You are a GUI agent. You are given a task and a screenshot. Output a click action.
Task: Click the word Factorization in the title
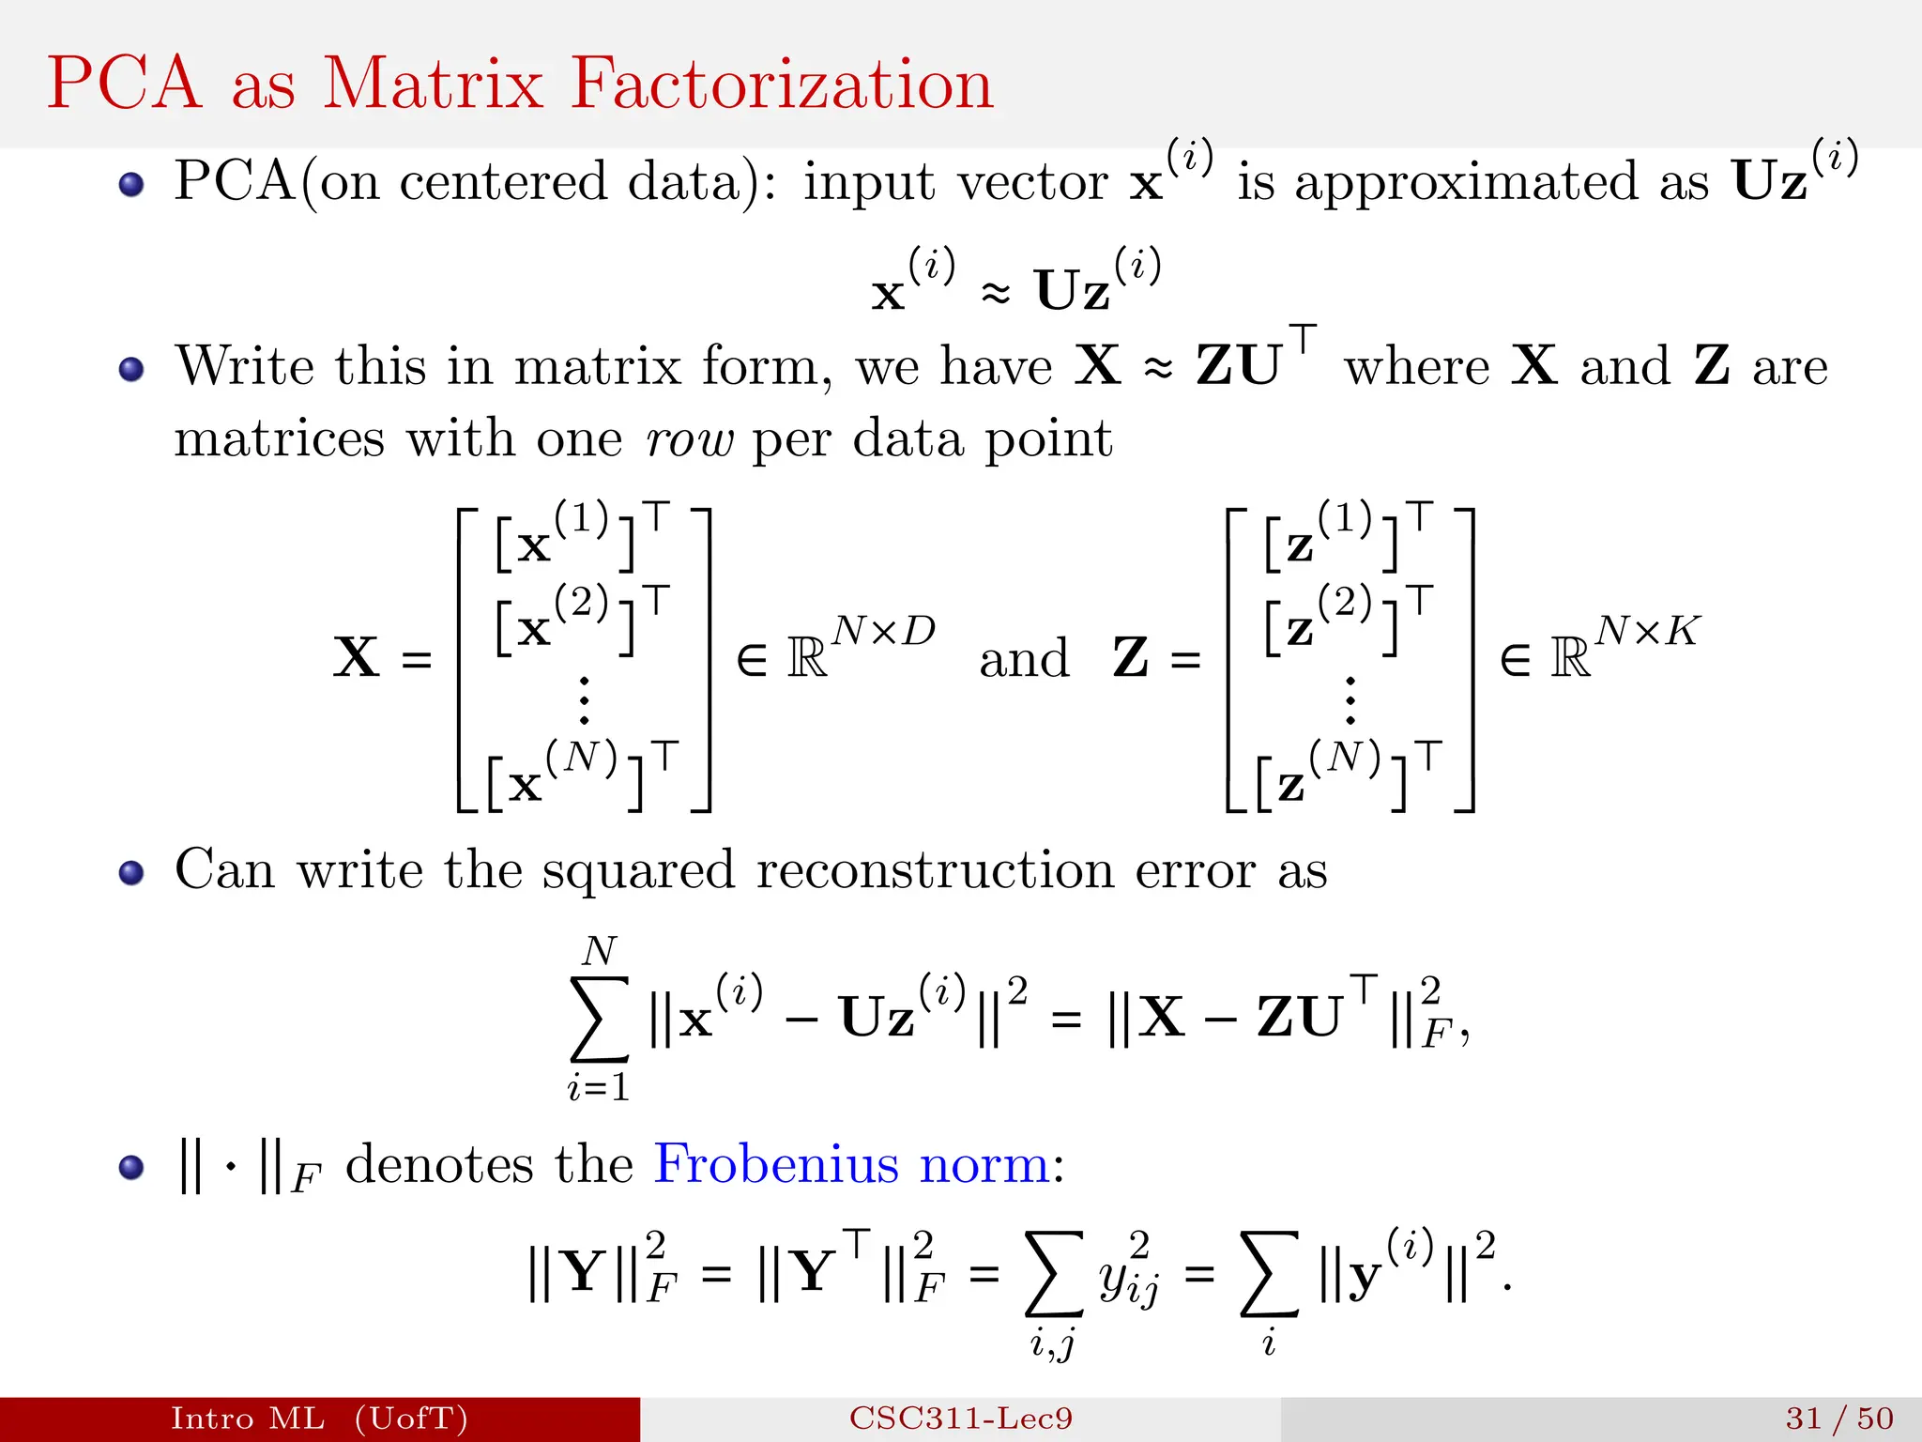(782, 84)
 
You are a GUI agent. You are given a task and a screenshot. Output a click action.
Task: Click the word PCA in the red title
(124, 84)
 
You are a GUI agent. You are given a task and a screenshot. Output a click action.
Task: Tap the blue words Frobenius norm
(851, 1164)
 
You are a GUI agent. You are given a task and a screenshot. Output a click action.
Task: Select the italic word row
(690, 439)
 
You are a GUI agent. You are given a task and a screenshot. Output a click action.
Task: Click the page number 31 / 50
(1839, 1418)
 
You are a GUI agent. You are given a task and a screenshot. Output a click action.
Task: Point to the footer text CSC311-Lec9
(961, 1418)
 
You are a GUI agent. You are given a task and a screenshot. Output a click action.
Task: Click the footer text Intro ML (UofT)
(319, 1418)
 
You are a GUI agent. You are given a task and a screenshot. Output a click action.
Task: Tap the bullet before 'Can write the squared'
(131, 873)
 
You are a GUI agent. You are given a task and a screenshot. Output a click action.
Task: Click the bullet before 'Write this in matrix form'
(131, 369)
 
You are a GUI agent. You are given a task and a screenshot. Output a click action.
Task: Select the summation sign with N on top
(599, 1019)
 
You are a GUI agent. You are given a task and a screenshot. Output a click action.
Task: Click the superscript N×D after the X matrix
(884, 631)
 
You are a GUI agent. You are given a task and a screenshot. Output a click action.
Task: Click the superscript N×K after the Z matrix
(1648, 631)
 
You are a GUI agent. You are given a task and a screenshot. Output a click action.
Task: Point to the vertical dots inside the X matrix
(584, 699)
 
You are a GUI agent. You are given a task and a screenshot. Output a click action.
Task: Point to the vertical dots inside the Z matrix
(1350, 699)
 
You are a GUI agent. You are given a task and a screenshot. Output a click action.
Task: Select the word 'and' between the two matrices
(1024, 658)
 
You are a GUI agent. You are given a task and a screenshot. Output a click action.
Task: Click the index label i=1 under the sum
(599, 1087)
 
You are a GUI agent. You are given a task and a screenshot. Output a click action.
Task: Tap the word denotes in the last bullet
(440, 1165)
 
